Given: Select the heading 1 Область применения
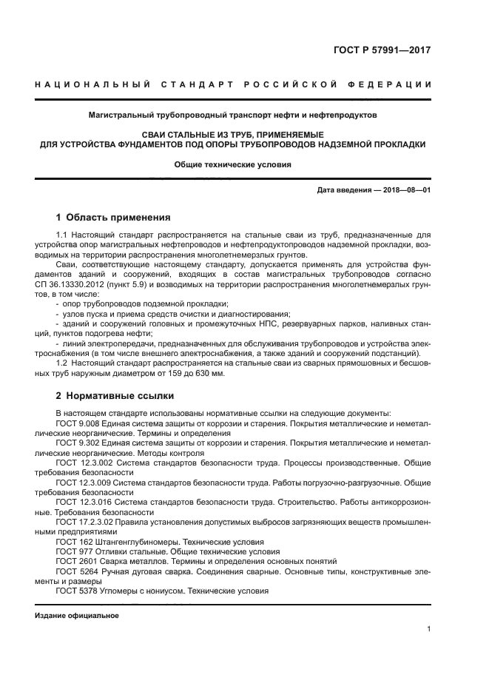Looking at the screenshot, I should click(x=113, y=218).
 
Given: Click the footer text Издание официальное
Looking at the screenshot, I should click(x=76, y=616).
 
